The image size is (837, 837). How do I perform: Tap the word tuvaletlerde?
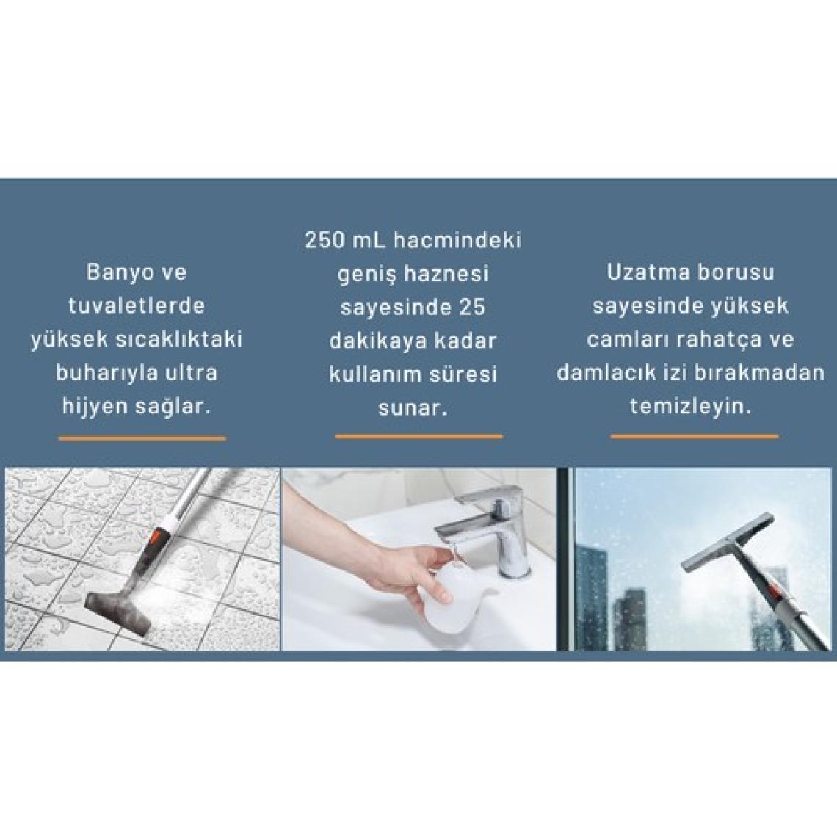[137, 306]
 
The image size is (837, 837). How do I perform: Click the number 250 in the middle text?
[325, 240]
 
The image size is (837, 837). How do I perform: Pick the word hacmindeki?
[457, 240]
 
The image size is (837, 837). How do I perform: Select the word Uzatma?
[645, 272]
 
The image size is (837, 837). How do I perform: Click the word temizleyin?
[691, 407]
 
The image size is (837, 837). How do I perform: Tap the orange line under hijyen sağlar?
[142, 439]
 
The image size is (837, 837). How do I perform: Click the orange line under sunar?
[418, 437]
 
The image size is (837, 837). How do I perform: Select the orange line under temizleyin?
[695, 437]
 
